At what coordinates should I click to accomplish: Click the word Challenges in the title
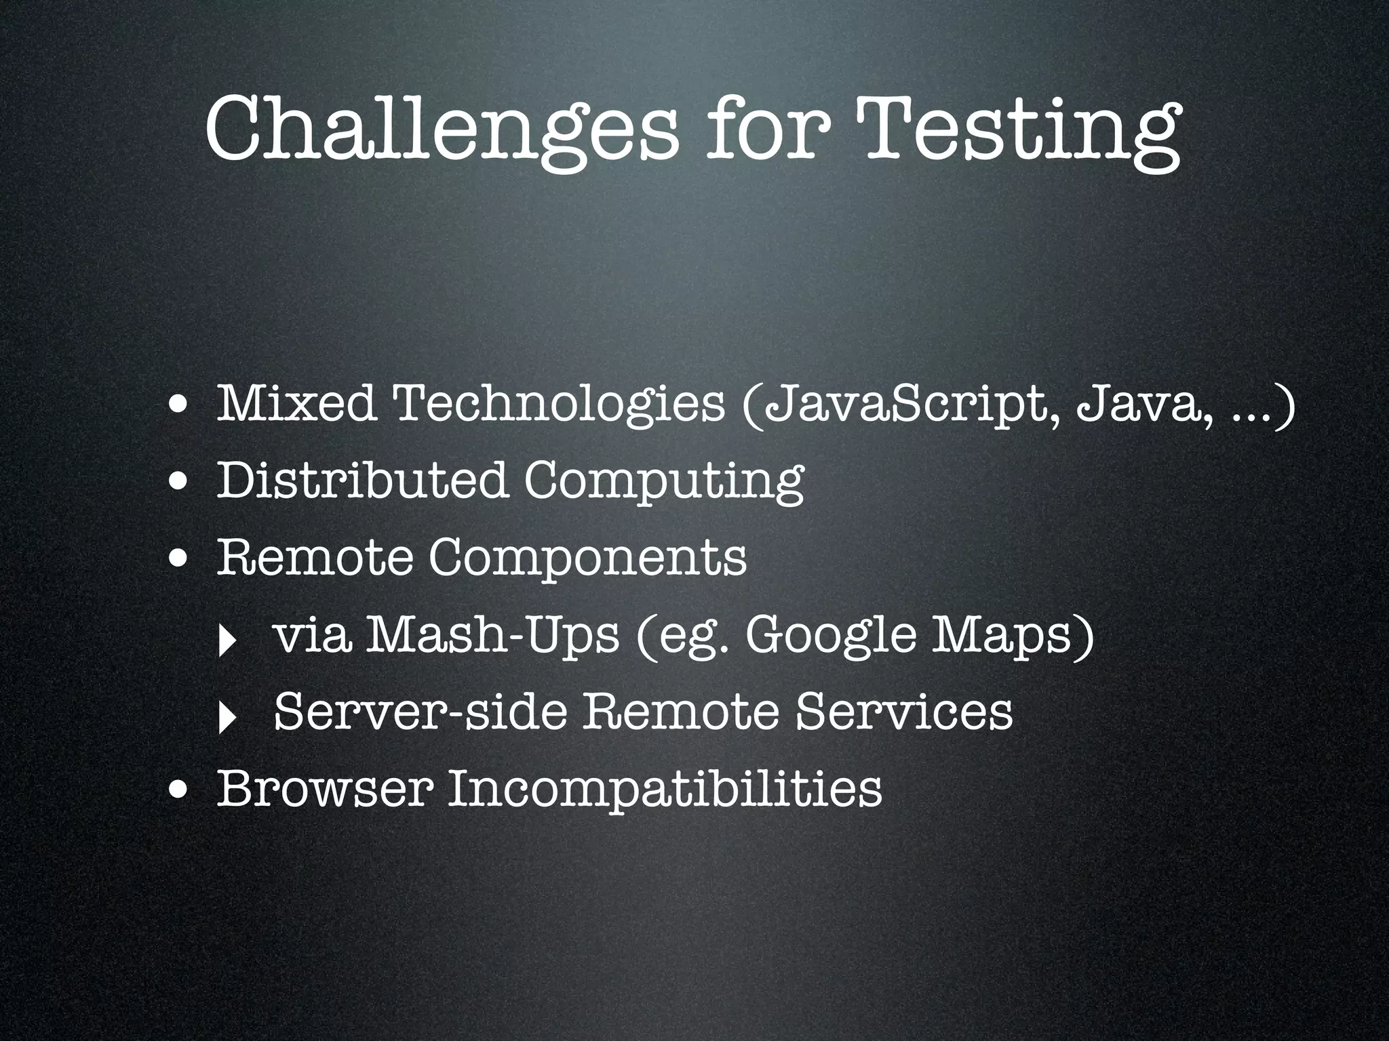pyautogui.click(x=441, y=129)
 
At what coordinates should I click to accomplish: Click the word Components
pyautogui.click(x=587, y=558)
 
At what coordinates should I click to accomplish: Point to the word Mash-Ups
pyautogui.click(x=492, y=636)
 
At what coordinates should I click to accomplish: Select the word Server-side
pyautogui.click(x=420, y=712)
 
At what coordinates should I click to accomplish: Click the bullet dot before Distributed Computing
pyautogui.click(x=180, y=483)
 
